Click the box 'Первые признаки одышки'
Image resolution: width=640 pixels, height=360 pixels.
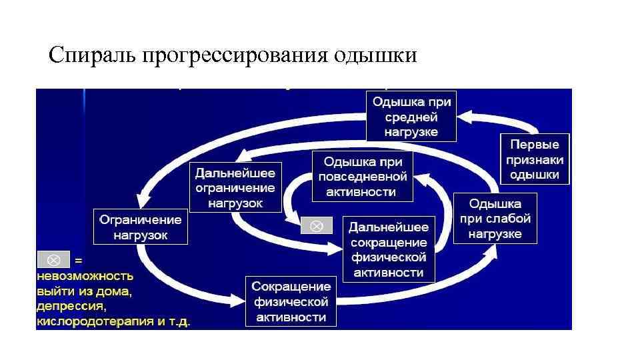coord(535,159)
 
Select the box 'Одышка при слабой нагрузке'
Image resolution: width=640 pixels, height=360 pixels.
coord(495,218)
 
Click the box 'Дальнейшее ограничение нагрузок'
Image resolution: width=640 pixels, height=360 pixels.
coord(235,187)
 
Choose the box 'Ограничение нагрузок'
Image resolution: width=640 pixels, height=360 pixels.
coord(140,227)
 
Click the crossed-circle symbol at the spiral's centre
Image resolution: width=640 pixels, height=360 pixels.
coord(317,226)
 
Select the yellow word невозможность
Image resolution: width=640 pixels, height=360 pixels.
coord(85,275)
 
